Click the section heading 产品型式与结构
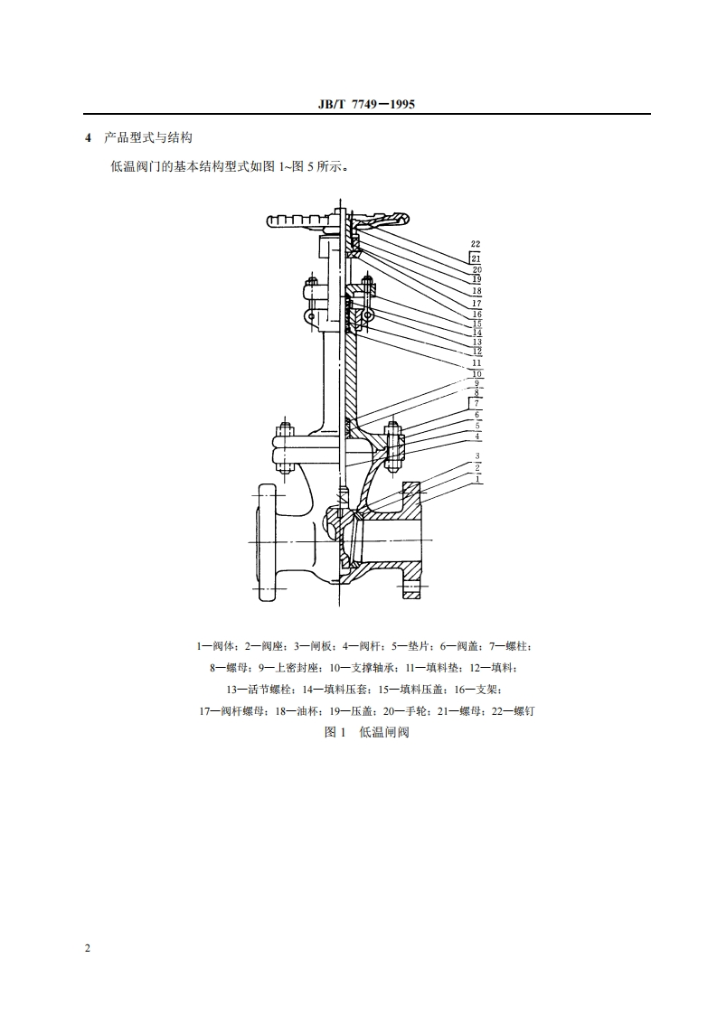pos(147,138)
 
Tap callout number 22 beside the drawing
pos(476,244)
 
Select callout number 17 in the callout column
pos(476,304)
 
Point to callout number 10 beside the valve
pos(476,373)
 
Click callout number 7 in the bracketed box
pos(476,403)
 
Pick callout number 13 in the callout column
pos(476,342)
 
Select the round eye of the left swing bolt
pos(309,318)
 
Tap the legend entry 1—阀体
pos(217,646)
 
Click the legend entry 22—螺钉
pos(514,711)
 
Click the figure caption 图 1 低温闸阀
pos(366,732)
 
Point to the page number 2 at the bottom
pos(87,948)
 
